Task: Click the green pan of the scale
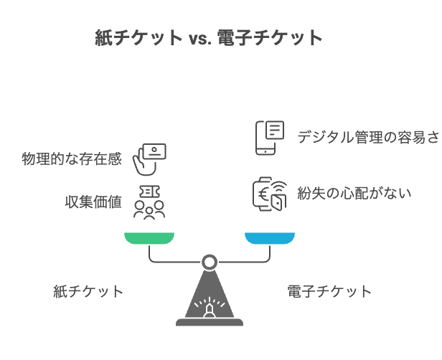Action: (149, 238)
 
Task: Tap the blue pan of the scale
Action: (270, 238)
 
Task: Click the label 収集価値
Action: (93, 202)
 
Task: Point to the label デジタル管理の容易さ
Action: (368, 137)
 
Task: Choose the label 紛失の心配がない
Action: (354, 193)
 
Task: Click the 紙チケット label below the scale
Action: (88, 291)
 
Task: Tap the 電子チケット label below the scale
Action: (329, 291)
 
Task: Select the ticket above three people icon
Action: (149, 202)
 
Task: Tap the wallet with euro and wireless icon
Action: (269, 194)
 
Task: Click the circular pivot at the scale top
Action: (210, 262)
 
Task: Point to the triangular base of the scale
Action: (210, 301)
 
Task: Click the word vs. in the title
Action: (200, 38)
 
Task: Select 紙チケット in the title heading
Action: (138, 38)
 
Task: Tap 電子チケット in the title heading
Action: (269, 38)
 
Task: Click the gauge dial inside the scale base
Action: (210, 308)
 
